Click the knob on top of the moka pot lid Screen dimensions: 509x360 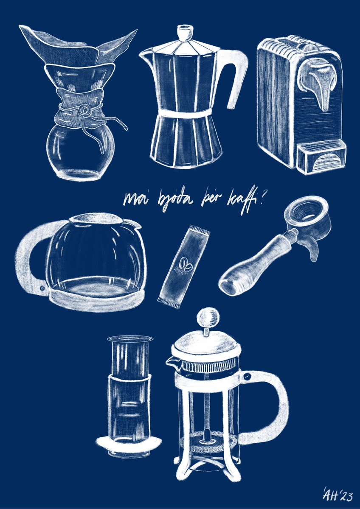183,33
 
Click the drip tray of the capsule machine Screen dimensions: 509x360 321,157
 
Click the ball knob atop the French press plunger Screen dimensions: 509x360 208,316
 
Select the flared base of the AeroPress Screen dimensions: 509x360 128,444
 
